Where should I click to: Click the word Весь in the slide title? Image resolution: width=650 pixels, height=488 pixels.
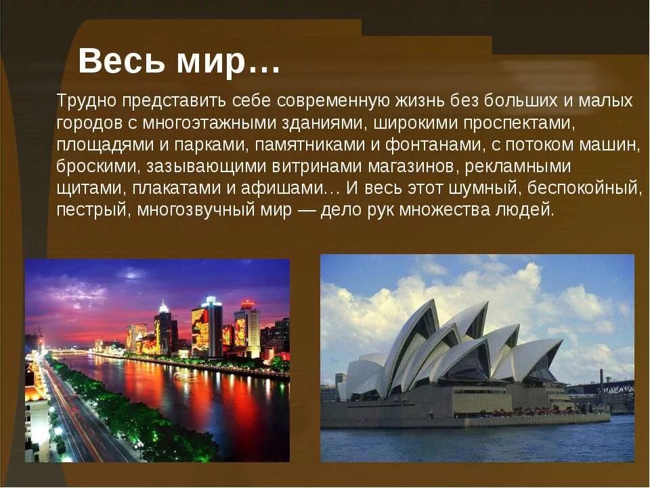click(x=112, y=62)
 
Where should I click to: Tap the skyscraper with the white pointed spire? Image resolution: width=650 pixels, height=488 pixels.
click(x=163, y=329)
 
